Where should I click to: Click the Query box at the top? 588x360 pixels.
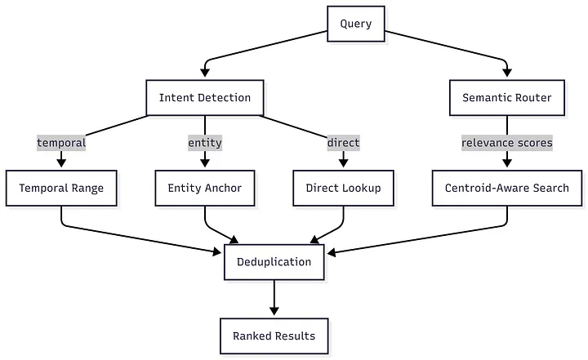[x=355, y=24]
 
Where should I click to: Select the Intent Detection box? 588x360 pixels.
[x=205, y=98]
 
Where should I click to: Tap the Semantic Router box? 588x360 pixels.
[x=507, y=98]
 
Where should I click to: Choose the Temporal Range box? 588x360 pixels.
[x=61, y=189]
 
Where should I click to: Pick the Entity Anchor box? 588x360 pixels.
[x=205, y=189]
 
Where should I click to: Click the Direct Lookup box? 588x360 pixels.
[x=343, y=189]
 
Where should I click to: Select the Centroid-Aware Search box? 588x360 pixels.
[x=507, y=189]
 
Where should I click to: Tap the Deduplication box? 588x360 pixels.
[x=274, y=262]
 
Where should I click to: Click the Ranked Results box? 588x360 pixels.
[x=274, y=336]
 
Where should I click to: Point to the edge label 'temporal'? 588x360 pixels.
[x=61, y=143]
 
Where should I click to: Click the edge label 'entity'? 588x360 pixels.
[x=205, y=143]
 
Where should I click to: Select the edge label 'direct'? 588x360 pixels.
[x=343, y=143]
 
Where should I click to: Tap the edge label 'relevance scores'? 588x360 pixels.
[x=507, y=143]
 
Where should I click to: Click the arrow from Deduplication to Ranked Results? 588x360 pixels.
[x=274, y=298]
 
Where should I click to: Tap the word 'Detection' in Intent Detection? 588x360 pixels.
[x=223, y=98]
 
